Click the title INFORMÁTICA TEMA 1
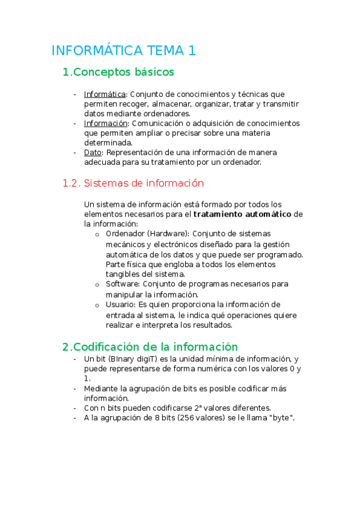[x=124, y=51]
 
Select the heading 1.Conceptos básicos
[x=118, y=72]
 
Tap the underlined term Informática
[x=105, y=94]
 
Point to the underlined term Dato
[x=93, y=152]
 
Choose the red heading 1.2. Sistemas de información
[x=133, y=183]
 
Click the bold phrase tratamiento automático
[x=243, y=214]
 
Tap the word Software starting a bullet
[x=120, y=284]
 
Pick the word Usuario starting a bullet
[x=118, y=305]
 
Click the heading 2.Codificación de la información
[x=150, y=346]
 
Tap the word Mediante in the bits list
[x=103, y=389]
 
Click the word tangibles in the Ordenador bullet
[x=123, y=274]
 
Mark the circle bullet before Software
[x=97, y=284]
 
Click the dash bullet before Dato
[x=75, y=153]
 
